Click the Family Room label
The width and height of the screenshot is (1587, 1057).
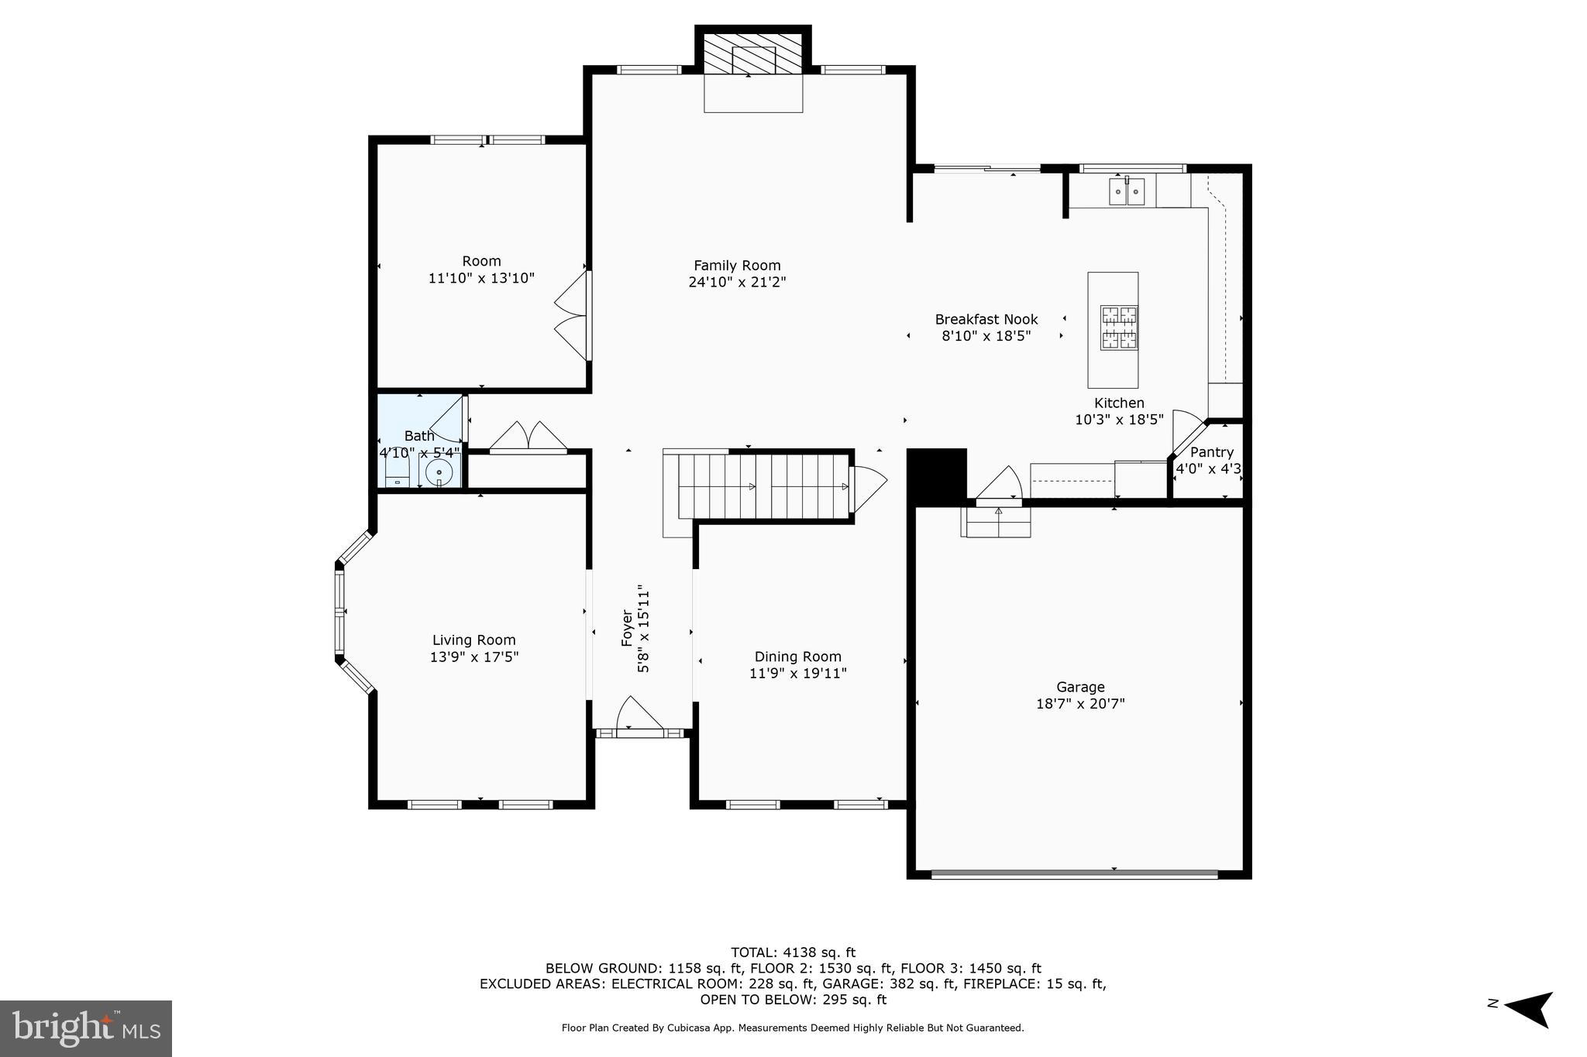737,266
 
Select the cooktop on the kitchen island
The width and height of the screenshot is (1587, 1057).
1119,327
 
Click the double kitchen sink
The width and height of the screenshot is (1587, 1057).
1127,191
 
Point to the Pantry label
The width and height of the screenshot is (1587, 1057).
1211,452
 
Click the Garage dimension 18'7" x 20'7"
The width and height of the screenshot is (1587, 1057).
1080,704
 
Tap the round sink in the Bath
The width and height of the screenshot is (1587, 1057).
439,472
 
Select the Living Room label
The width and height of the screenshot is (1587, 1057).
473,640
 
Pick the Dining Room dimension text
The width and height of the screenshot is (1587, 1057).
797,674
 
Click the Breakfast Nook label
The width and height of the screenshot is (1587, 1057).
986,319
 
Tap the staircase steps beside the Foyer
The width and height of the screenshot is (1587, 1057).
763,486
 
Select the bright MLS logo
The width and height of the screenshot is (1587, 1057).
86,1028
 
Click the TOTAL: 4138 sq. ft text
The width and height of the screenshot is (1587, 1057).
793,952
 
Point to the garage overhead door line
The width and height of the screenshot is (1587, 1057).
1074,874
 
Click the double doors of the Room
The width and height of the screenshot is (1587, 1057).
574,315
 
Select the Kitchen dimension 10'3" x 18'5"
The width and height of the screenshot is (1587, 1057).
1118,420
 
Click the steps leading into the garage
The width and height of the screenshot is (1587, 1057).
997,523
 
